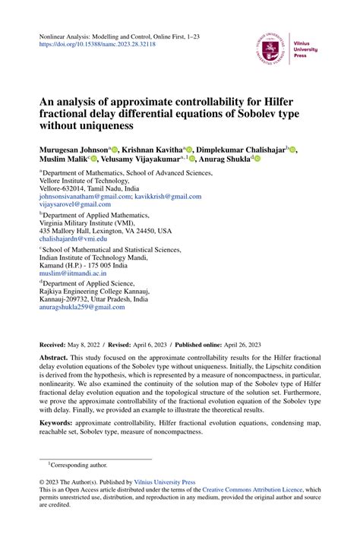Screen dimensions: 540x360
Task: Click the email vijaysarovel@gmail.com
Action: [75, 204]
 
